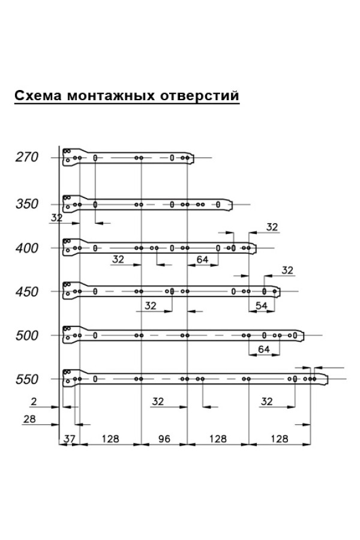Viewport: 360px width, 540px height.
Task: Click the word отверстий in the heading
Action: [199, 95]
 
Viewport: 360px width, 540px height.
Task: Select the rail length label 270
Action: [27, 157]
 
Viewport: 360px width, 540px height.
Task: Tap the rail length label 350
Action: [27, 204]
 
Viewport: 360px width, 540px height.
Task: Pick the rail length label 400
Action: [27, 248]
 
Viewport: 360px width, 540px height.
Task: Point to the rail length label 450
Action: [27, 292]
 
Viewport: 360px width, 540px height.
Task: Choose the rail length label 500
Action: [27, 335]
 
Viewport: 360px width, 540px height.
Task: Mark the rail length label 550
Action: [27, 379]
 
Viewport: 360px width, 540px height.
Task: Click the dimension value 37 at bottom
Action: [69, 439]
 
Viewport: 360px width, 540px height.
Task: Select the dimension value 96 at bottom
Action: [164, 439]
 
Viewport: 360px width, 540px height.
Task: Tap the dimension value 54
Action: [262, 305]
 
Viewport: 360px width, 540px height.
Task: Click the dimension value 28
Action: [29, 419]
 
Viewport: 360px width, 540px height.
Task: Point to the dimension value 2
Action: [34, 401]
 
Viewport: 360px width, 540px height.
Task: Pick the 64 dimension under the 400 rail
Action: [202, 259]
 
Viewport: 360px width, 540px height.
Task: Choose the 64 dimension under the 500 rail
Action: [264, 349]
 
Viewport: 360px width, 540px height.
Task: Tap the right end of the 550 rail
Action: [327, 380]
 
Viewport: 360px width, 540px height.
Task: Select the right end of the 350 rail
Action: [232, 205]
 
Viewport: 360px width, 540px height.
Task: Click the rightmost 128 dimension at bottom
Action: [280, 439]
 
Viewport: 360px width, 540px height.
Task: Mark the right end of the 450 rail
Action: [280, 292]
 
